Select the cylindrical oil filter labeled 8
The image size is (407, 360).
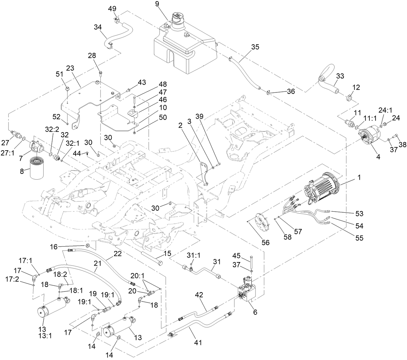click(x=39, y=168)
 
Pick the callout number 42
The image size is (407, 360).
click(x=200, y=295)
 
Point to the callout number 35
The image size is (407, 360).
click(x=255, y=47)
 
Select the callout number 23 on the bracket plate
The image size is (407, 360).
click(x=70, y=68)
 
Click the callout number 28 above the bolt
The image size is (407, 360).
click(x=92, y=56)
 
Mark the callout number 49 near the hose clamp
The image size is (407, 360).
click(x=112, y=8)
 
